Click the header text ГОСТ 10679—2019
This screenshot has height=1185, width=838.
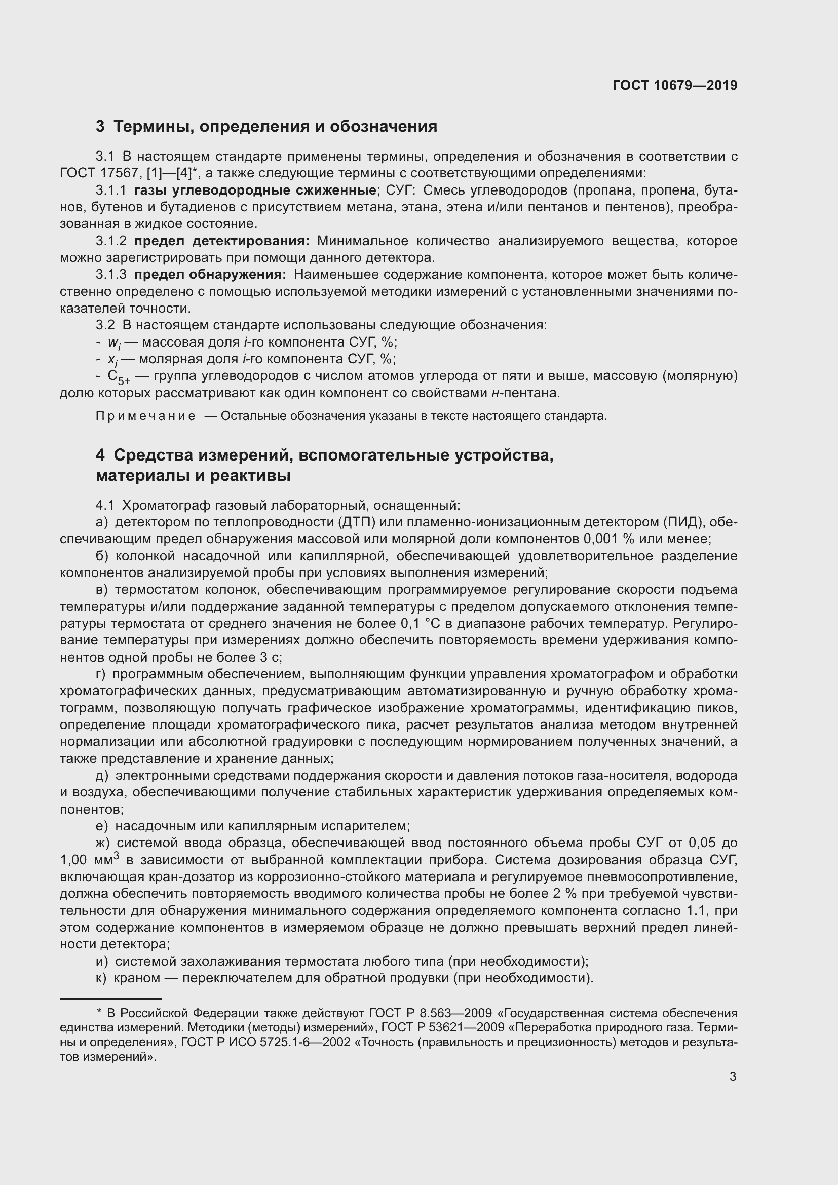coord(674,85)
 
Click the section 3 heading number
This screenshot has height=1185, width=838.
coord(100,127)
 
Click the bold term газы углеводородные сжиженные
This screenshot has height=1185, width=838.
coord(255,190)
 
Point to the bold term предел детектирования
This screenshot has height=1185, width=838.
coord(222,241)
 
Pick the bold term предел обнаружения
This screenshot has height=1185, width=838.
coord(210,275)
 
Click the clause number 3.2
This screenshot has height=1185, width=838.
coord(105,325)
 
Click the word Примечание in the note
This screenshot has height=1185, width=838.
coord(145,416)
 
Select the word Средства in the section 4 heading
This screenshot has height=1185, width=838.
coord(151,455)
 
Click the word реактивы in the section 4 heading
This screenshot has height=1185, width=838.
coord(250,475)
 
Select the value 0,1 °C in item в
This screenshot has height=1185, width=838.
coord(423,624)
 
